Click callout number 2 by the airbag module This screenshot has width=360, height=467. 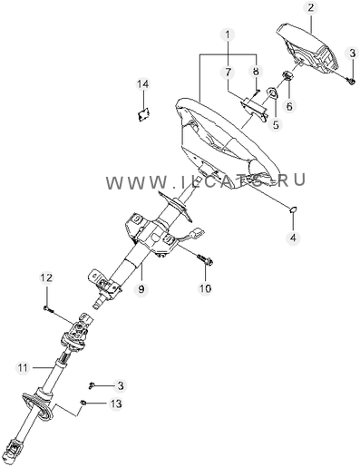311,8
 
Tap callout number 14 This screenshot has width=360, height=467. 143,84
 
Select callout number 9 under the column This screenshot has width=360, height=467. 141,289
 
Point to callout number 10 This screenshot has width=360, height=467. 205,288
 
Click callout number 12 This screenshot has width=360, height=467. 46,277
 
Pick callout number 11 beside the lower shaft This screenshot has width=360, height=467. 23,367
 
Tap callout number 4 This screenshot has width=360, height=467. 293,238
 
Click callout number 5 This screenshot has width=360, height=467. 276,124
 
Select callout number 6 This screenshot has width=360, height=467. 289,106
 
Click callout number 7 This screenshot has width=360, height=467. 228,73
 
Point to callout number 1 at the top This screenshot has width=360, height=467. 228,35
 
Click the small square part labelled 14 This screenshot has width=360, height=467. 143,114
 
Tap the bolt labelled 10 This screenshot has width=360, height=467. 205,259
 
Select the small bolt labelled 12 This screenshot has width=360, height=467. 48,308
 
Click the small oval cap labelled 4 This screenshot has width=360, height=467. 293,209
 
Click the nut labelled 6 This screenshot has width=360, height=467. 287,75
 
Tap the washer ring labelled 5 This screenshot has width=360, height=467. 272,92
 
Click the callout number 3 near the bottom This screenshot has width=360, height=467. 121,385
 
